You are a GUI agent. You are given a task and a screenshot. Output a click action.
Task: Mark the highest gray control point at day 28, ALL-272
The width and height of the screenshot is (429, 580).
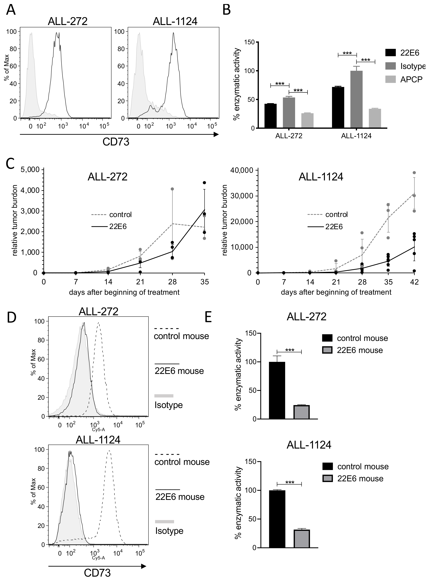click(x=172, y=189)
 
